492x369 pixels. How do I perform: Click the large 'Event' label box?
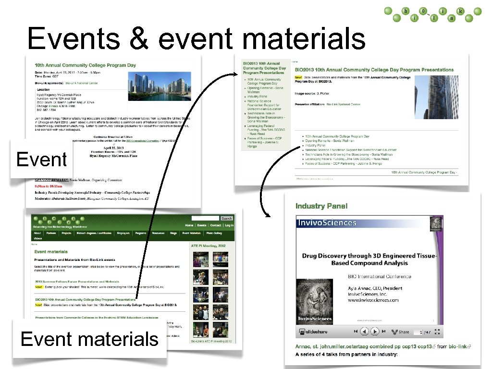coord(41,159)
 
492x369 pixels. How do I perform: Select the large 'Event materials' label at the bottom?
coord(89,339)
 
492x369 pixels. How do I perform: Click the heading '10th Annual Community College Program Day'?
coord(85,65)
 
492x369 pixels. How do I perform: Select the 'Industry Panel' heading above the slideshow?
coord(321,206)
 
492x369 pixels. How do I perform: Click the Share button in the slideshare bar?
coord(401,332)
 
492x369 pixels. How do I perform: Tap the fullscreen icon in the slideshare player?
coord(438,332)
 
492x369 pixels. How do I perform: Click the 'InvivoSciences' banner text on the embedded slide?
coord(327,222)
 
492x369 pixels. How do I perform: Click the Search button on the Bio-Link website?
coord(226,218)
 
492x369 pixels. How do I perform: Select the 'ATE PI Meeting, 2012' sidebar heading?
coord(208,246)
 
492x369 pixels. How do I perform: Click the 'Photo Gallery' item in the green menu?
coord(214,233)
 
